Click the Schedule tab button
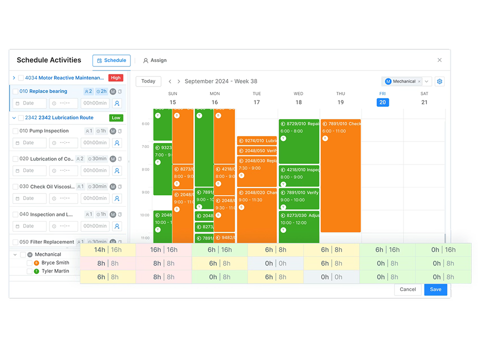pyautogui.click(x=111, y=60)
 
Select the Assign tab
pyautogui.click(x=154, y=60)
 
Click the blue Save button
pyautogui.click(x=435, y=289)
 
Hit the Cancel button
pyautogui.click(x=407, y=289)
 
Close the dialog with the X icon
pyautogui.click(x=439, y=60)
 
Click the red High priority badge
pyautogui.click(x=116, y=77)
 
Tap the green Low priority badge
pyautogui.click(x=116, y=118)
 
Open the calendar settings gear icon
pyautogui.click(x=439, y=81)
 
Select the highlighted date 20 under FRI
pyautogui.click(x=382, y=102)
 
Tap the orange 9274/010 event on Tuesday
pyautogui.click(x=256, y=141)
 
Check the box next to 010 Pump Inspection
pyautogui.click(x=15, y=131)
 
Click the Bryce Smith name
pyautogui.click(x=55, y=262)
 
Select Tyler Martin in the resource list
pyautogui.click(x=55, y=271)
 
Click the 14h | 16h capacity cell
pyautogui.click(x=107, y=250)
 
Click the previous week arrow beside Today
pyautogui.click(x=170, y=81)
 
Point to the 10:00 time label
pyautogui.click(x=145, y=215)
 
